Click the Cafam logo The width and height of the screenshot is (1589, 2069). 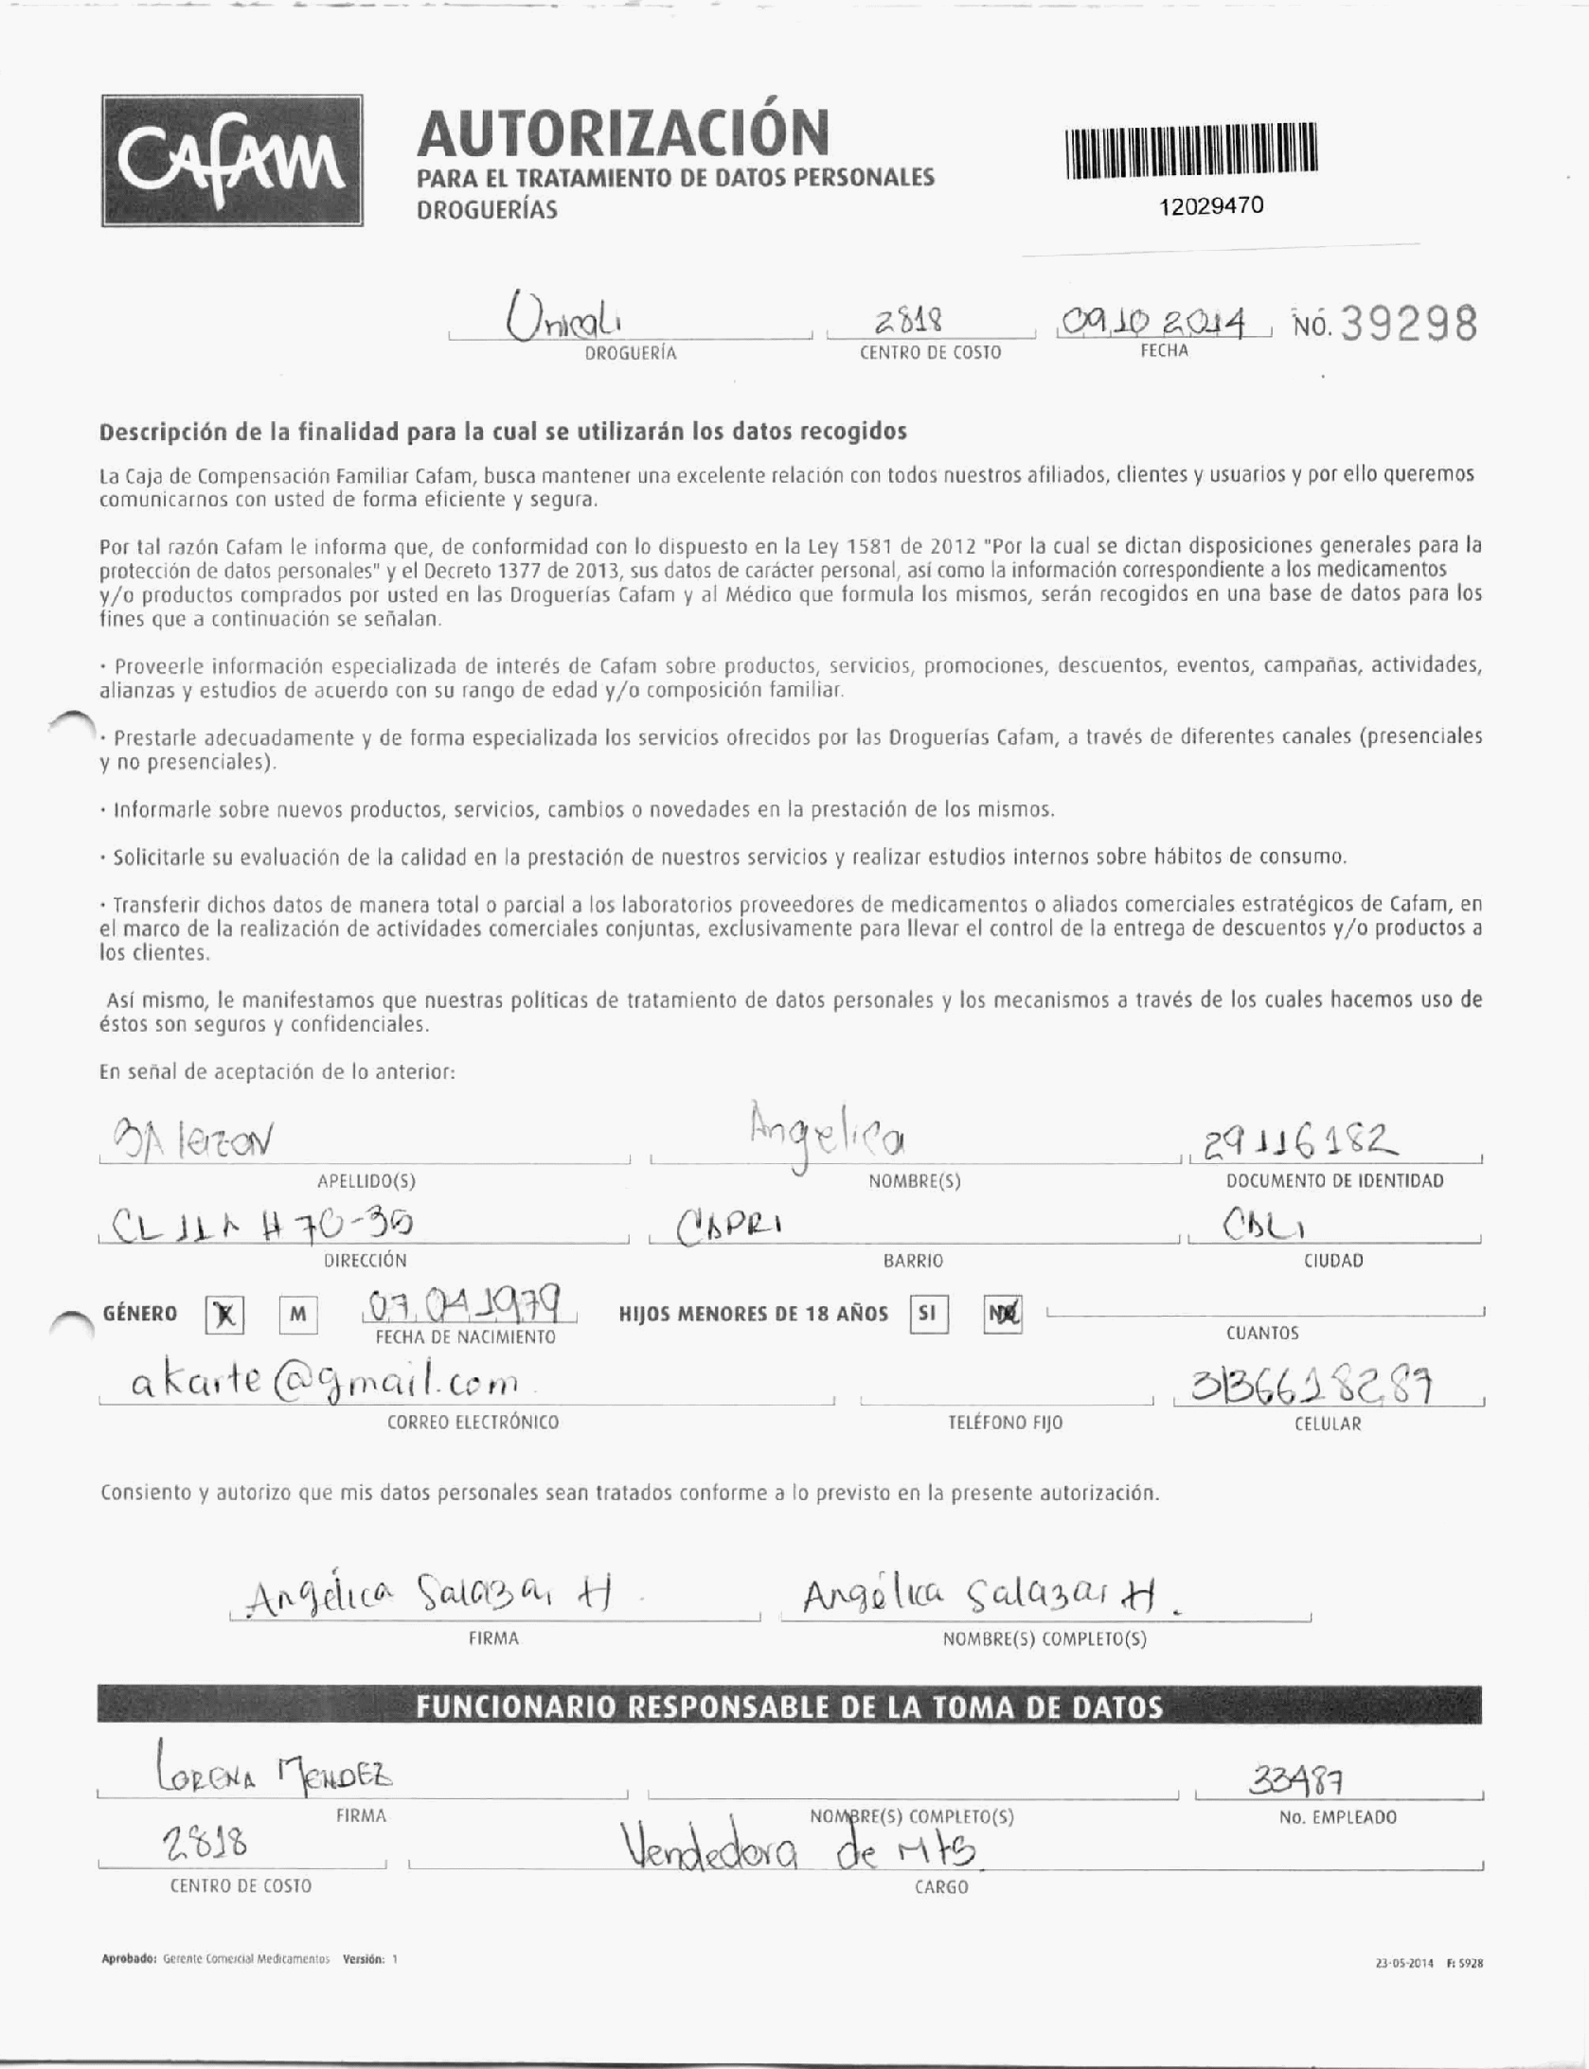point(232,161)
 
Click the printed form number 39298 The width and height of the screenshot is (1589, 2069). point(1408,326)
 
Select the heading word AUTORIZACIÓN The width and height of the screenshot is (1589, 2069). point(622,133)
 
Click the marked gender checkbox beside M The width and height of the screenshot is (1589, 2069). point(224,1316)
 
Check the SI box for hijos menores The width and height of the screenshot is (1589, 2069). point(927,1315)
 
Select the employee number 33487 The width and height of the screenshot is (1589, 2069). point(1298,1783)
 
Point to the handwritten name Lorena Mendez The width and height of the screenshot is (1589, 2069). point(275,1776)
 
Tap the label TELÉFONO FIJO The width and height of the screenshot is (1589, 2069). point(1005,1423)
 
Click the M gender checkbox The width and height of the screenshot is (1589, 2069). point(297,1315)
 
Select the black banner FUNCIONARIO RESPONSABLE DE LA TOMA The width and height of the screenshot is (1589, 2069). point(789,1707)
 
